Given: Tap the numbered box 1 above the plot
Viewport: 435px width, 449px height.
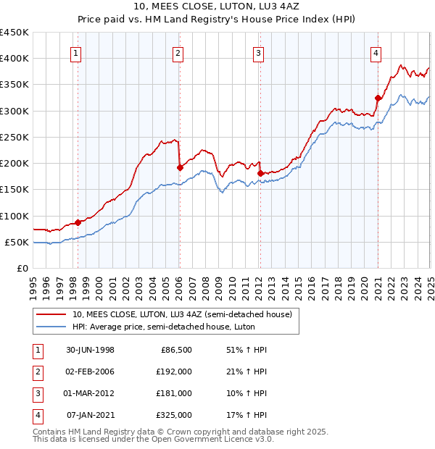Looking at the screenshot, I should [76, 51].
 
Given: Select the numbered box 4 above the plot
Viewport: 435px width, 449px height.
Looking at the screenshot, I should [376, 51].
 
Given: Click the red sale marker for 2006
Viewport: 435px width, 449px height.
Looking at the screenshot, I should [180, 167].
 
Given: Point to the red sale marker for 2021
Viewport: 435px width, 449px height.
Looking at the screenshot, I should [378, 98].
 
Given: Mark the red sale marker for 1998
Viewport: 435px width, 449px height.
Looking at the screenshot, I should [78, 222].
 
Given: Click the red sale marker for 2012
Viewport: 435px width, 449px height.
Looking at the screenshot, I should [260, 173].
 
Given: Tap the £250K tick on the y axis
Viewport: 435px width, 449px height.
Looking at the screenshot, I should [14, 137].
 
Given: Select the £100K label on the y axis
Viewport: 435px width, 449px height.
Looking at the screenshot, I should [14, 216].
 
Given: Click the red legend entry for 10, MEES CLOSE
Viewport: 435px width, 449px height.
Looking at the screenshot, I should [181, 314].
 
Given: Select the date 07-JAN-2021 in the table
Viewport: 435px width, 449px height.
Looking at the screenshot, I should [90, 416].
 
